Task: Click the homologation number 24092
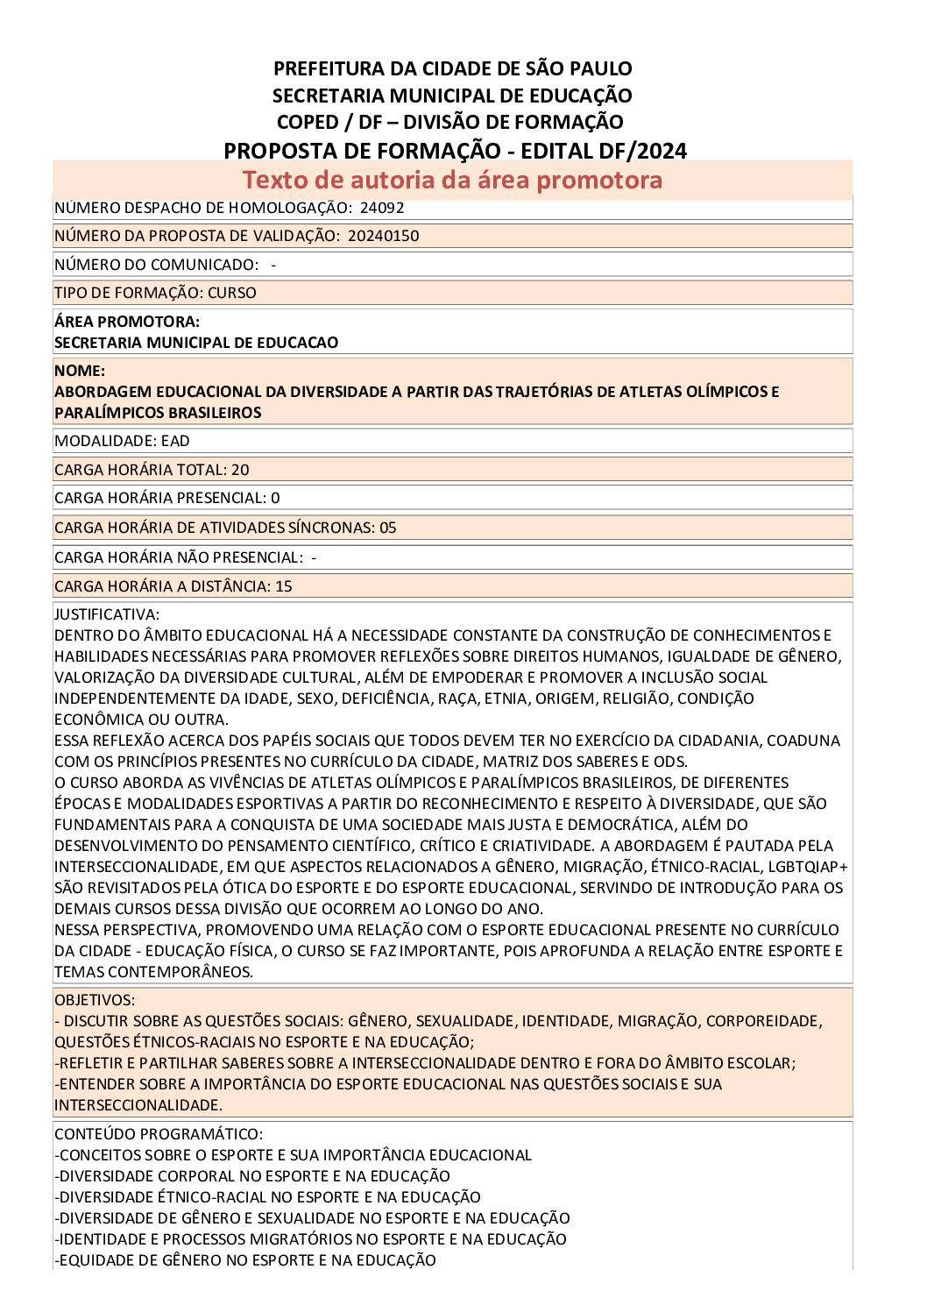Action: point(382,208)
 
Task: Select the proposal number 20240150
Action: point(383,236)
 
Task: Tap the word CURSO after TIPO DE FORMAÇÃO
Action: point(232,293)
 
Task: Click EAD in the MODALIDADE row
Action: point(175,441)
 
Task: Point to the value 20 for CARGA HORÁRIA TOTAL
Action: point(240,470)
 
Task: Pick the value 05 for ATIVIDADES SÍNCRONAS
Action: point(387,528)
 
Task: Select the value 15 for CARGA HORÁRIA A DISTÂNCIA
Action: point(284,586)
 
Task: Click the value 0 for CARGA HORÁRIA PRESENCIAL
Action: point(275,498)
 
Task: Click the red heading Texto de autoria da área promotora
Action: point(452,180)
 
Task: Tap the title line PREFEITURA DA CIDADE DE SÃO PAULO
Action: point(452,68)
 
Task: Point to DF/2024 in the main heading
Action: point(643,151)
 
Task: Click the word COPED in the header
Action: point(310,122)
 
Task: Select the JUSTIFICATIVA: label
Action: point(107,614)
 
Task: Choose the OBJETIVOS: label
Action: point(95,1000)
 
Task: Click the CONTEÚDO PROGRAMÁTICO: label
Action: point(159,1134)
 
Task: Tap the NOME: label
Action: point(80,371)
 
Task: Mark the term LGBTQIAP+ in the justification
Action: point(807,867)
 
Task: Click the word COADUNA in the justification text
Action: point(803,741)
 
